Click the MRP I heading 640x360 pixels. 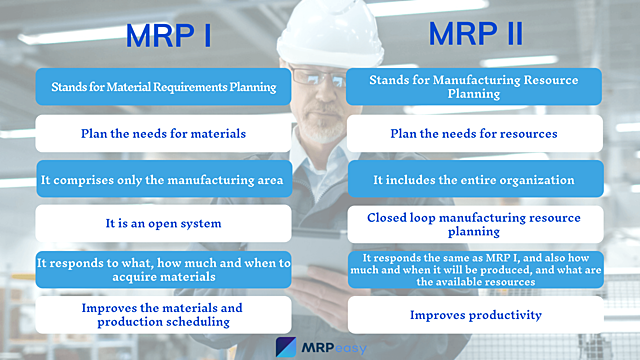167,36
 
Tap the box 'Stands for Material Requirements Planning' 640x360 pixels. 163,87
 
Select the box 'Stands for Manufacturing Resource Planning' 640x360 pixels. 476,87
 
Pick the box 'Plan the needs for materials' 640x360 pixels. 163,133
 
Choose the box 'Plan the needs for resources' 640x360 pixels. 476,133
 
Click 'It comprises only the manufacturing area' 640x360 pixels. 163,179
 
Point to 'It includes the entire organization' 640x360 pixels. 476,179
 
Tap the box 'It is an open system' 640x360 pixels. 163,224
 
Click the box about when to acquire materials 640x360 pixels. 163,270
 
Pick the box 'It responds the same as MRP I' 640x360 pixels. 476,270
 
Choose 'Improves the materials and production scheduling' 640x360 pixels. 163,315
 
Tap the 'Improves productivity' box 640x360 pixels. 476,315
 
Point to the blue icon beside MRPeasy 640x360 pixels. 286,346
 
